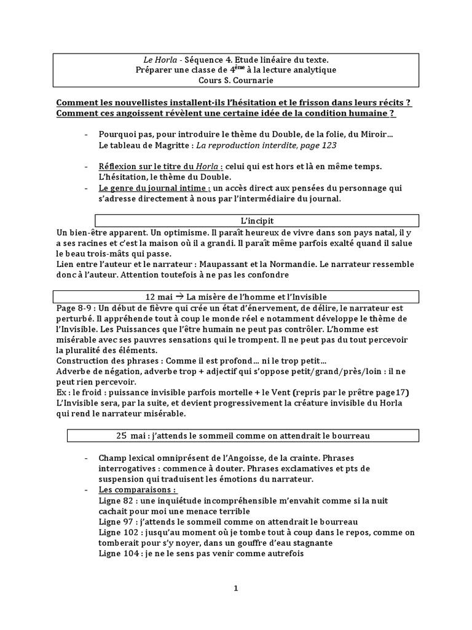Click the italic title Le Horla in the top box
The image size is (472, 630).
156,60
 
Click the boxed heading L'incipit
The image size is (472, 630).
257,220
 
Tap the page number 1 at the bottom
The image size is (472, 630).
235,588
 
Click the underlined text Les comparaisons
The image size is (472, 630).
136,490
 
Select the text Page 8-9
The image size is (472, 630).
74,308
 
